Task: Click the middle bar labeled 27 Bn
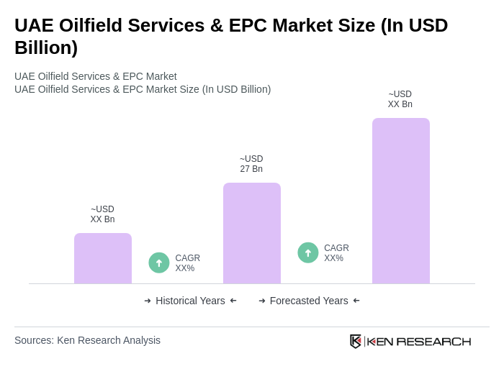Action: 251,233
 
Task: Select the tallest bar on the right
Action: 400,201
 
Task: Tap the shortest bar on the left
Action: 103,258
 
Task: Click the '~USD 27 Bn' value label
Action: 251,164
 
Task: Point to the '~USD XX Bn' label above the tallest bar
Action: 400,99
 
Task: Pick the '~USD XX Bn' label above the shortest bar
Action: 103,214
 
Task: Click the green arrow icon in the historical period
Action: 159,263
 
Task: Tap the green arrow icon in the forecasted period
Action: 308,253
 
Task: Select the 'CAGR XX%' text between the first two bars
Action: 188,263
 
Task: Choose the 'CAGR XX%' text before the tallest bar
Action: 336,253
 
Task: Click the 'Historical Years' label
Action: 190,301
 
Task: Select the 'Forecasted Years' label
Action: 309,301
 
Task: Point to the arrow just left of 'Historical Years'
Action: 148,301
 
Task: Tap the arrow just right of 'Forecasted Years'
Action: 356,301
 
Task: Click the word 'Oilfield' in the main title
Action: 96,25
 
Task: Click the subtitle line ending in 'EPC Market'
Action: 96,76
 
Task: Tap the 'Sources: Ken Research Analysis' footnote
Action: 87,340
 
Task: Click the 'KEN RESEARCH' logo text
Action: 419,342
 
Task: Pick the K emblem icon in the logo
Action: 356,342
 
